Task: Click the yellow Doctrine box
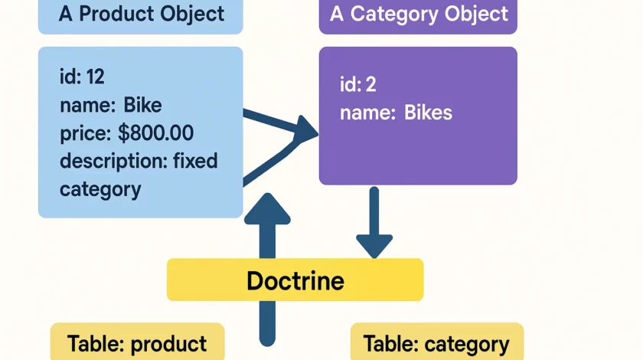pos(295,280)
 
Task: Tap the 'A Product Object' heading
pos(141,14)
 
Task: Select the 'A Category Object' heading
pos(418,14)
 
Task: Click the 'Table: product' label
pos(137,344)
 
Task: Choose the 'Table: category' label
pos(436,344)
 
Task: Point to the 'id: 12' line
pos(82,77)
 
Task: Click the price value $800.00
pos(156,133)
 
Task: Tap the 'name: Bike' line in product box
pos(111,105)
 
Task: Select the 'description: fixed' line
pos(139,161)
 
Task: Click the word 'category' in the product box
pos(100,188)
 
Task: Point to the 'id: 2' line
pos(358,84)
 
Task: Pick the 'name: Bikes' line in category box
pos(396,113)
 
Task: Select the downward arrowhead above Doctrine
pos(374,245)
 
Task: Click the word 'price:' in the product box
pos(85,133)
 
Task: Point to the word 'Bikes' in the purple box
pos(428,113)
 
